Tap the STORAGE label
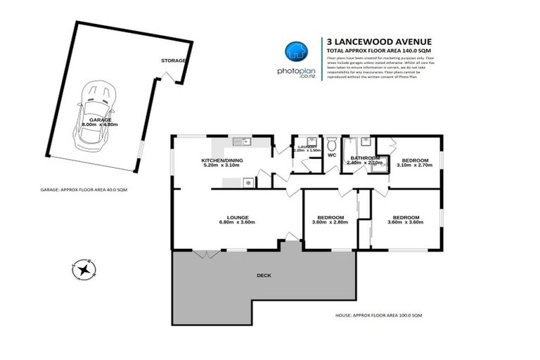coord(173,60)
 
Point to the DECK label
coord(263,276)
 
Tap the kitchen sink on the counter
coord(245,142)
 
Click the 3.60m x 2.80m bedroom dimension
coord(330,223)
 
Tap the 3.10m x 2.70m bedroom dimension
coord(413,165)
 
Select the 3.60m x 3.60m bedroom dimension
coord(406,223)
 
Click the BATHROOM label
coord(365,158)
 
